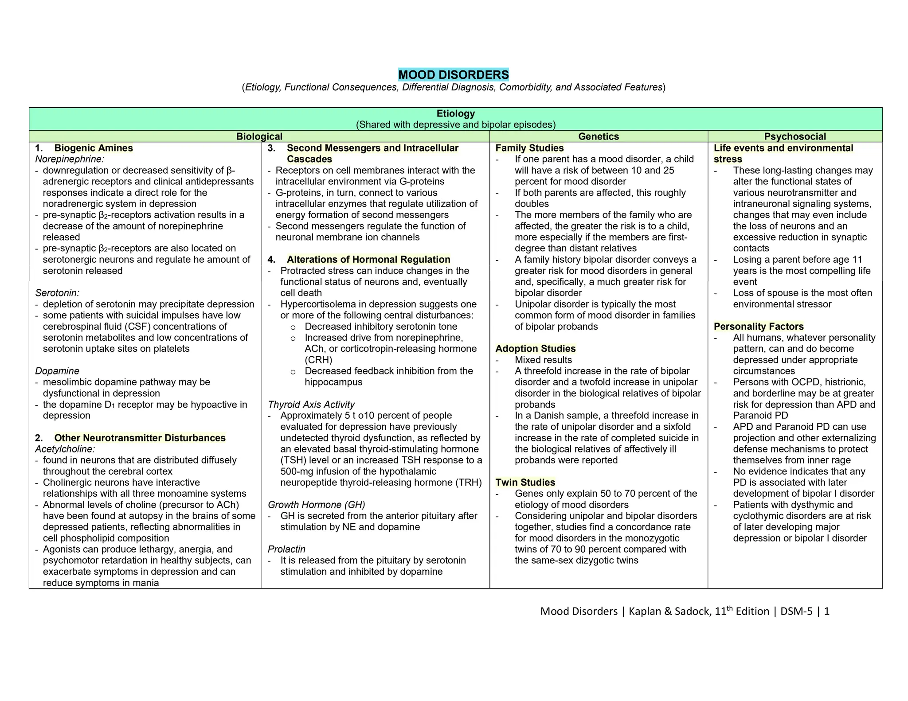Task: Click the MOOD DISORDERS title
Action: (454, 74)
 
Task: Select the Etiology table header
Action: (455, 113)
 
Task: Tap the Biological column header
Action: (259, 136)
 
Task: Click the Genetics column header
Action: (599, 136)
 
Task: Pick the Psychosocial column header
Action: (794, 136)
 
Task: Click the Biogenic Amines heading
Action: (93, 148)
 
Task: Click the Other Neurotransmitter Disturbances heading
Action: (140, 438)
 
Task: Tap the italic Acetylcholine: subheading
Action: (65, 449)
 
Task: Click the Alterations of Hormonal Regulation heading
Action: (368, 260)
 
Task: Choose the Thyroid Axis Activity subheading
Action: (311, 405)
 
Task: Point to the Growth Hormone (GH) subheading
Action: (316, 505)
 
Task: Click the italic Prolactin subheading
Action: (286, 549)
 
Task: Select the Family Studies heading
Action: (529, 148)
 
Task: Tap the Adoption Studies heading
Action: (535, 349)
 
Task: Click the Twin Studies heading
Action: (525, 482)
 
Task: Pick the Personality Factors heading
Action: (758, 327)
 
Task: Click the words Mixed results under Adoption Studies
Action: (543, 360)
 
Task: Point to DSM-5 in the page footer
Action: (796, 611)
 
